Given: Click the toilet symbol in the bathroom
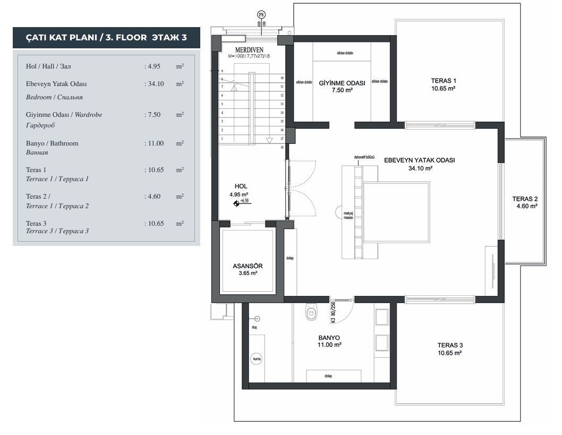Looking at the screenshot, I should point(311,313).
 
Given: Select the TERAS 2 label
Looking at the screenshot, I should point(525,199).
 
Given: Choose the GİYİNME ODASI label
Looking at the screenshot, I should point(342,83).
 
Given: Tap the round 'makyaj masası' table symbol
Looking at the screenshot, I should point(340,212).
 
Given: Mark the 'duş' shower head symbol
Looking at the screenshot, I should point(257,319).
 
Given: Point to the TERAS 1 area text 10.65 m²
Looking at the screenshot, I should point(443,89).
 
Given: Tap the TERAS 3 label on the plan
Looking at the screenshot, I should point(449,344).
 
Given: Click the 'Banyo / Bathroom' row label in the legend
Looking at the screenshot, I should point(52,143).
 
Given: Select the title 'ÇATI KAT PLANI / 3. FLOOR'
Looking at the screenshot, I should point(106,38).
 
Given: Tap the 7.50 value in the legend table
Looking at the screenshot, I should point(153,114).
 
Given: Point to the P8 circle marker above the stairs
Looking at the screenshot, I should point(261,14).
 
